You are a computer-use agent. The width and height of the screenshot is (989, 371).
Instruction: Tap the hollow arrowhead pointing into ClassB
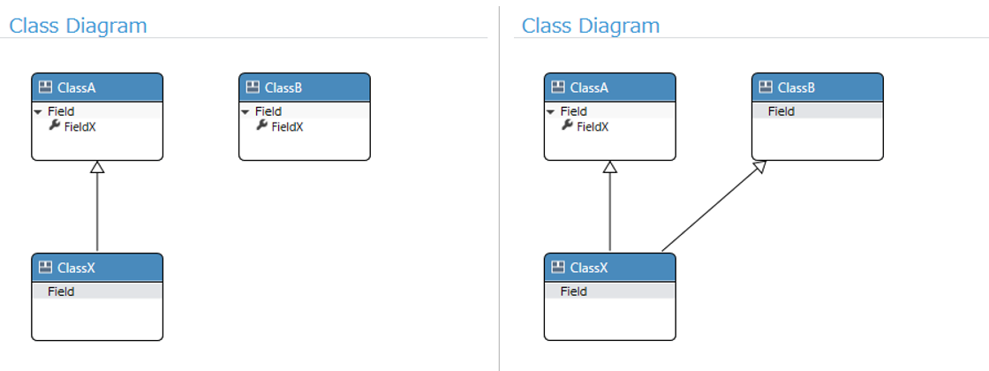click(759, 166)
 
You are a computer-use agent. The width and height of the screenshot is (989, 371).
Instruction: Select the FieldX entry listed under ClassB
click(288, 127)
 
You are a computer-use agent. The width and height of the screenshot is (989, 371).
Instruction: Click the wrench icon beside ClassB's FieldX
click(262, 125)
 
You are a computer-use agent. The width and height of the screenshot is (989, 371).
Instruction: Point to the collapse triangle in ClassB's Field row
click(246, 111)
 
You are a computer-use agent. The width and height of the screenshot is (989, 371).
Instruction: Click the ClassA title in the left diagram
click(76, 87)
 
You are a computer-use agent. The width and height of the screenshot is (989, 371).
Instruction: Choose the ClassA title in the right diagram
click(589, 87)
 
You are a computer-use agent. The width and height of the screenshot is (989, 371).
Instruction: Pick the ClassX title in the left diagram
click(76, 268)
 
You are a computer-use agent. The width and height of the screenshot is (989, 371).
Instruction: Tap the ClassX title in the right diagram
click(589, 268)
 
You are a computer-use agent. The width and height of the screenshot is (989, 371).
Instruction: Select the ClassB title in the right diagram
click(796, 87)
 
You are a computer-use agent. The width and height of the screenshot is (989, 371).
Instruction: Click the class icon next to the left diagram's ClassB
click(253, 87)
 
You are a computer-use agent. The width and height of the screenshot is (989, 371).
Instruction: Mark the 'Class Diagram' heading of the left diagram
click(78, 26)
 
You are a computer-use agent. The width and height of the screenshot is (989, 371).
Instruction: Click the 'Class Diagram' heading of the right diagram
click(591, 26)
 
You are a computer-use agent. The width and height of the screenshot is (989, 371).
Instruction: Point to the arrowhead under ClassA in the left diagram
click(96, 167)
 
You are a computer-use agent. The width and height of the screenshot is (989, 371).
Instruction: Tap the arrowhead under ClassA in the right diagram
click(609, 167)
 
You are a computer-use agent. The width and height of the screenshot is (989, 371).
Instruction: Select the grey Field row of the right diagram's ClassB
click(818, 111)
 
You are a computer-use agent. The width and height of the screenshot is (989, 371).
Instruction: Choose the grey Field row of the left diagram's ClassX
click(97, 291)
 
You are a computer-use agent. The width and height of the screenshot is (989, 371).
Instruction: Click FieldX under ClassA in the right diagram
click(593, 127)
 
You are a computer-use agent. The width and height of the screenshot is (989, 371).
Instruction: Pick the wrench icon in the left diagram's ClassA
click(55, 125)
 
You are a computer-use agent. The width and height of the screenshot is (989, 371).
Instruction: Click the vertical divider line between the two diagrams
click(499, 189)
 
